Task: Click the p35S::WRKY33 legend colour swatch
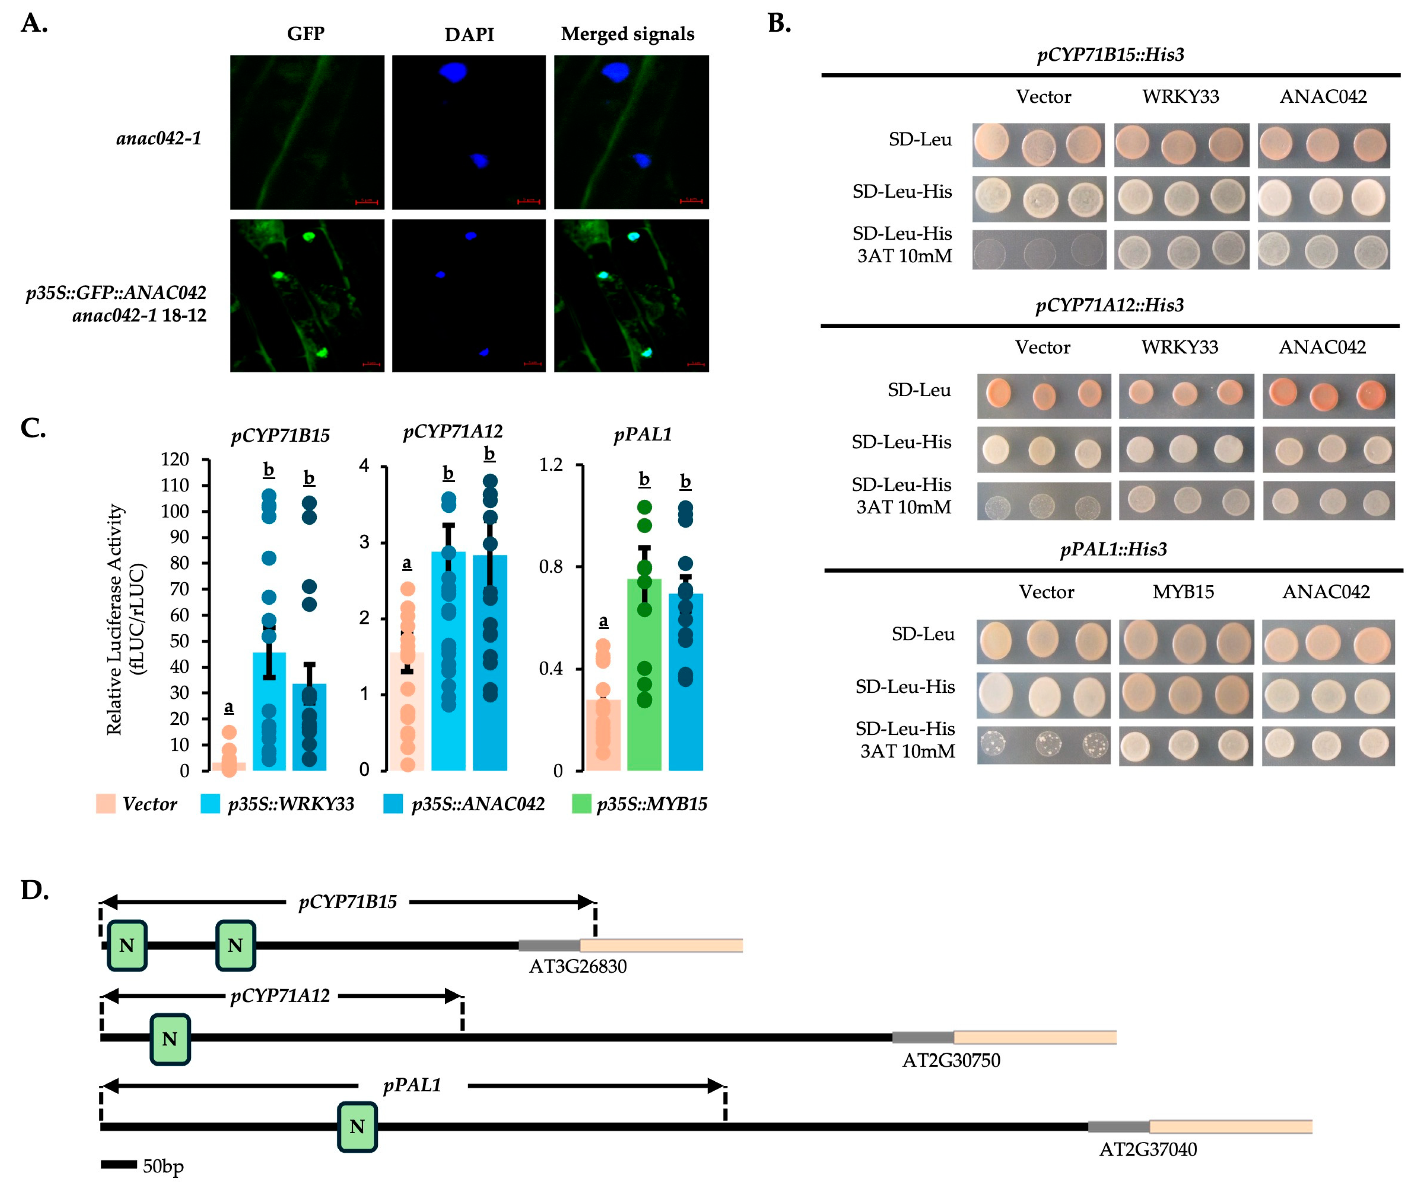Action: [210, 804]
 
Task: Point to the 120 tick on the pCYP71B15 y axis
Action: [175, 459]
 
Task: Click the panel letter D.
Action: [35, 890]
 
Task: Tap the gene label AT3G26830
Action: [577, 966]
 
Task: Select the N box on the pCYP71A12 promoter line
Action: [169, 1039]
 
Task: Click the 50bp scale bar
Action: [119, 1164]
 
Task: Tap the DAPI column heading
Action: [469, 35]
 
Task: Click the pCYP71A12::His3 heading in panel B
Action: [1110, 305]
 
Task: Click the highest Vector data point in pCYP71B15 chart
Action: [229, 732]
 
